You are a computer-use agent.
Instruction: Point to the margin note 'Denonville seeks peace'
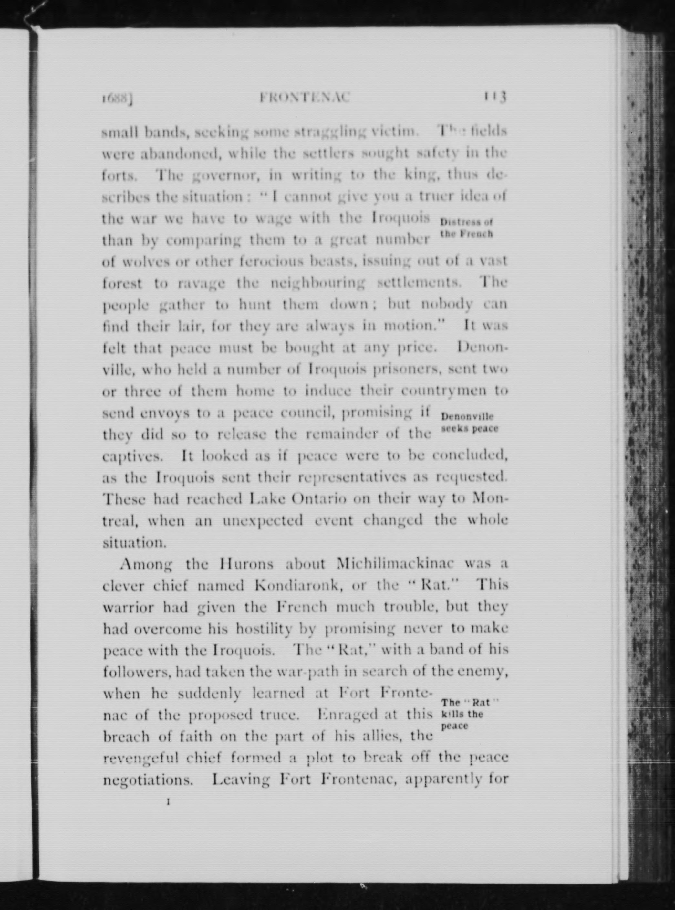469,423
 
